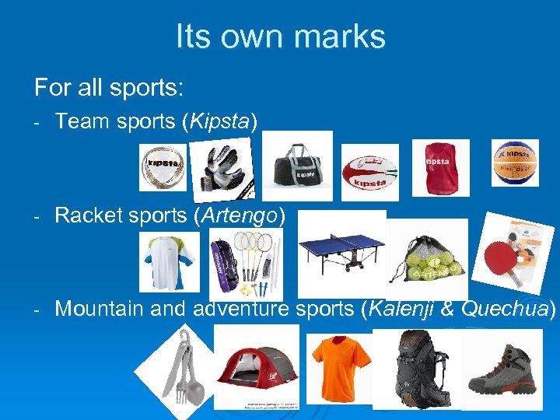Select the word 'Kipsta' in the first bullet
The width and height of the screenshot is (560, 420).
[224, 121]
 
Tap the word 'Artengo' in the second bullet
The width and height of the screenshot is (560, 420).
[239, 215]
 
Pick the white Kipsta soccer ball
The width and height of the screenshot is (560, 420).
[163, 167]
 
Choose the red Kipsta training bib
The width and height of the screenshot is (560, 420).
[440, 167]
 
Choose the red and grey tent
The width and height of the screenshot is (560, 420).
[256, 365]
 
